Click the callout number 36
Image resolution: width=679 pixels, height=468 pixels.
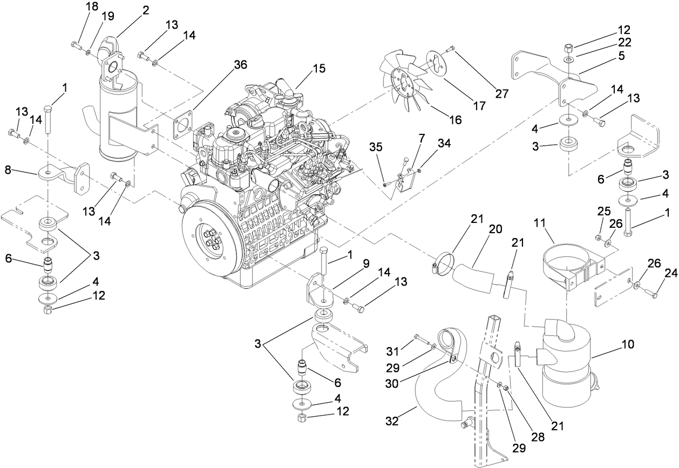pos(241,65)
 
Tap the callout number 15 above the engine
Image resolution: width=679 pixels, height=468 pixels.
pos(320,69)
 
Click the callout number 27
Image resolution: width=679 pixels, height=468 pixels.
pos(502,93)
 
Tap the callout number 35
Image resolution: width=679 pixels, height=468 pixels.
pos(376,146)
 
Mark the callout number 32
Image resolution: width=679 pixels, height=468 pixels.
pos(392,422)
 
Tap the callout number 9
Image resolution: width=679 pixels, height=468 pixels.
pos(365,264)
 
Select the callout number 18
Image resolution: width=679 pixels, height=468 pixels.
pos(92,6)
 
